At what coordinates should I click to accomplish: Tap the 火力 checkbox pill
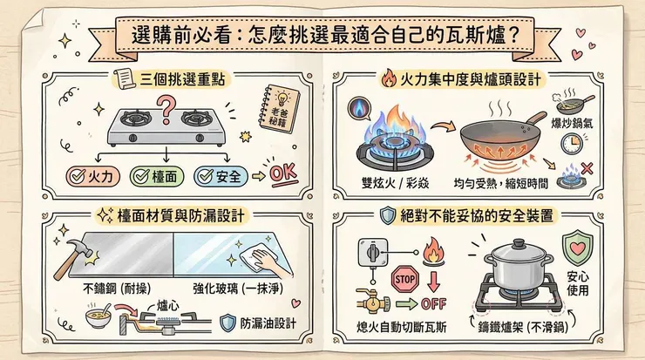click(x=93, y=176)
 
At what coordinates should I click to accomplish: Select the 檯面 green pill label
click(x=158, y=176)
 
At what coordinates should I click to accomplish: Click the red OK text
click(x=284, y=173)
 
